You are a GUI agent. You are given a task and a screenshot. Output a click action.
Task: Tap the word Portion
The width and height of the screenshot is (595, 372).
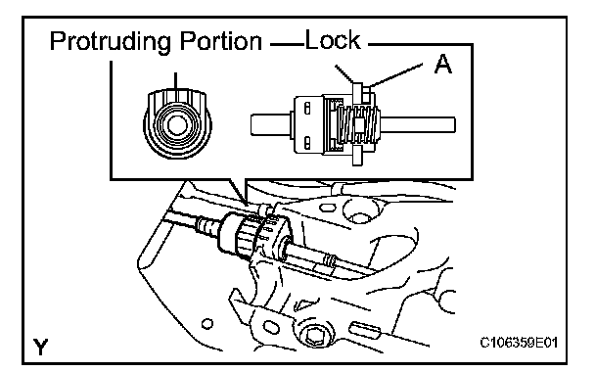221,41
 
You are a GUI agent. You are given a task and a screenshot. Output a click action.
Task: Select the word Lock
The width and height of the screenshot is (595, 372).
333,39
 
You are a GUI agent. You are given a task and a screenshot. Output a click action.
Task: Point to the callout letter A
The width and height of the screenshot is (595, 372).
443,64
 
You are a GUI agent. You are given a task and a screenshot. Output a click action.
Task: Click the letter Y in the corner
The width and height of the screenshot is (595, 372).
40,347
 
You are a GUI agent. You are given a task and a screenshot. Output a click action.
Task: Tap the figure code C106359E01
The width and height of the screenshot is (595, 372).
519,343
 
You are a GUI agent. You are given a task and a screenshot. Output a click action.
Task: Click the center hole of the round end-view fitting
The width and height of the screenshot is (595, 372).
177,125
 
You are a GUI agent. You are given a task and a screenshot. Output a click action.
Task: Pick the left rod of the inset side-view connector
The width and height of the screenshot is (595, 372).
271,125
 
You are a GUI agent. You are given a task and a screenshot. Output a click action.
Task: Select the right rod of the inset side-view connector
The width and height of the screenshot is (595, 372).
418,125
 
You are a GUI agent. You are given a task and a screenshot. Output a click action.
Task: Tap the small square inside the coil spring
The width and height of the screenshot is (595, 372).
359,124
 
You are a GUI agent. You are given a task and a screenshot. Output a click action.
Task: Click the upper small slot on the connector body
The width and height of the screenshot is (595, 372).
307,109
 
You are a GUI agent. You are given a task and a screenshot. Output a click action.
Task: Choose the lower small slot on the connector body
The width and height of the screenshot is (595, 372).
307,142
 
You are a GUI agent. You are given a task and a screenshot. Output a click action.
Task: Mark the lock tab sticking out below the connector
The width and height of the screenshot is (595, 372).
357,156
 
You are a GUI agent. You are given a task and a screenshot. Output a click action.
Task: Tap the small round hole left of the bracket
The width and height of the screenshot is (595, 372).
206,324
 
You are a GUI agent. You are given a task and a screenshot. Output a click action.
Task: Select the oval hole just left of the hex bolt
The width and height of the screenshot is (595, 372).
271,327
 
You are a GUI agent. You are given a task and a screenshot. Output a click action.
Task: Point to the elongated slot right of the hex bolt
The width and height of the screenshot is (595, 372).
364,329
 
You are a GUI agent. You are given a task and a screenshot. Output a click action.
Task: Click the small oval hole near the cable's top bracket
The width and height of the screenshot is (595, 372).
326,208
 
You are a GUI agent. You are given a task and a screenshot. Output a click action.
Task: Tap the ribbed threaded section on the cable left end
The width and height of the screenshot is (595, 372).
206,225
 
